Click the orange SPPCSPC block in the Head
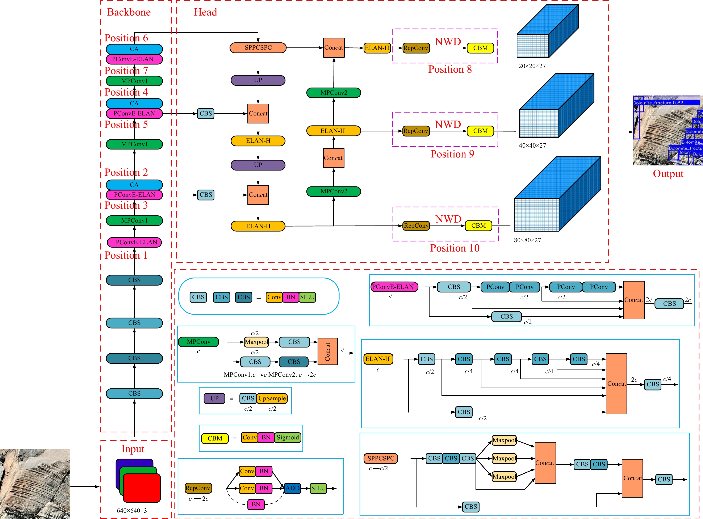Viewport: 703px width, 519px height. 258,48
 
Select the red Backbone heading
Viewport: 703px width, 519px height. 129,12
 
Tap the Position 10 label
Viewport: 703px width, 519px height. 455,248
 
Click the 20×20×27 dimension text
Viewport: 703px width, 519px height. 532,66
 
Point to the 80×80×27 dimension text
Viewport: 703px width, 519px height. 527,240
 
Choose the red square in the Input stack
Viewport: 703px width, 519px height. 142,488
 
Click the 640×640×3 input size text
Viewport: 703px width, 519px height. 132,511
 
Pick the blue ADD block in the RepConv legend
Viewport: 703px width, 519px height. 292,488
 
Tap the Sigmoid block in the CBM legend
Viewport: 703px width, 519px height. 288,438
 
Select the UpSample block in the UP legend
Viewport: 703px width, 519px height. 272,398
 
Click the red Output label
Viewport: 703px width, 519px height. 668,174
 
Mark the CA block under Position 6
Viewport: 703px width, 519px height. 134,49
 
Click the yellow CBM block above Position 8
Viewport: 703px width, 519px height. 480,48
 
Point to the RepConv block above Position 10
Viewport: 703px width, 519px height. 416,225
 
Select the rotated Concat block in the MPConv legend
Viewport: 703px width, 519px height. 327,351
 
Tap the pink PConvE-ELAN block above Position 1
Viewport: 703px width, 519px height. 134,242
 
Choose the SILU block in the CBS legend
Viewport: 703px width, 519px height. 307,297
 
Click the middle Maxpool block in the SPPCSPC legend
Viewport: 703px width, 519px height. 504,458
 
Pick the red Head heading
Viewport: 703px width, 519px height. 206,12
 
